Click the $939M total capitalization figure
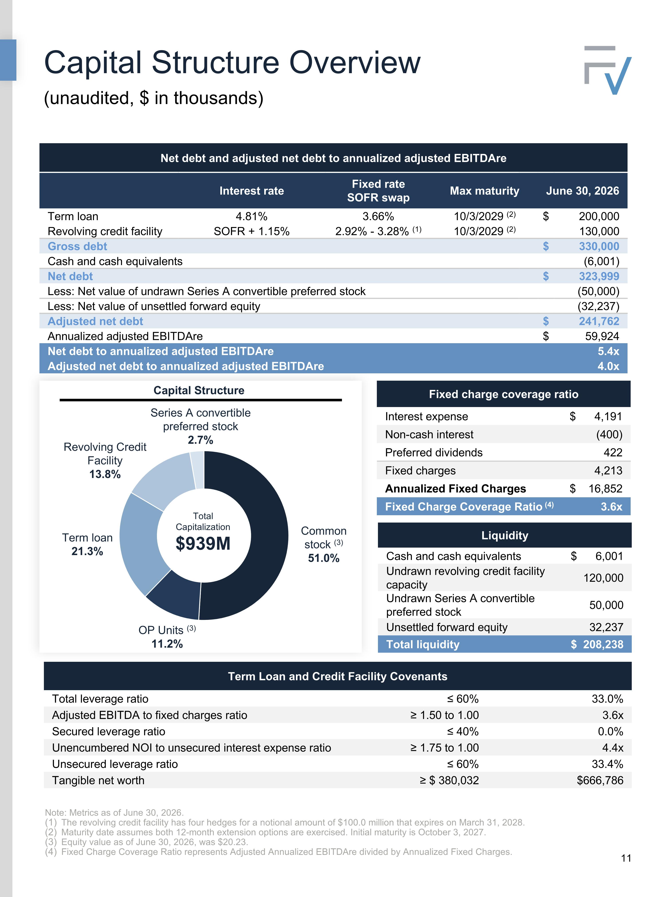[203, 544]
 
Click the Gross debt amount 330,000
[599, 246]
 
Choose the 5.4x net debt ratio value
[608, 351]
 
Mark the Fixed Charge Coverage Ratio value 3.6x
[611, 507]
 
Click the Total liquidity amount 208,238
[603, 644]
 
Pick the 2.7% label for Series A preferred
[200, 440]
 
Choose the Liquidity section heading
[505, 535]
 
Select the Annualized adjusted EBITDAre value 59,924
[602, 336]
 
